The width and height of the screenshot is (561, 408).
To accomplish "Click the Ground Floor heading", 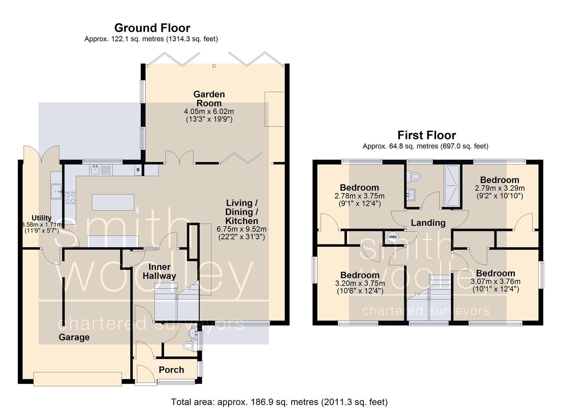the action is click(x=152, y=28).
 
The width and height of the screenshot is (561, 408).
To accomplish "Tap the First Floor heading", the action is click(x=427, y=135).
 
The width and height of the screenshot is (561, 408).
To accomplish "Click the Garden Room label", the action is click(x=209, y=99).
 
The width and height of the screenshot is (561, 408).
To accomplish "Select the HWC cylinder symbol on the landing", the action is click(x=393, y=237).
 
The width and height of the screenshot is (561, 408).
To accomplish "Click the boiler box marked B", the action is click(x=138, y=170).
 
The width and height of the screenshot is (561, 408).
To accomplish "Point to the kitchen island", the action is click(x=113, y=202).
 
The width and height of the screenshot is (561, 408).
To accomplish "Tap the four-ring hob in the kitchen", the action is click(x=70, y=198).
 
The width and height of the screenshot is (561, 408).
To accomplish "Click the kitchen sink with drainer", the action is click(x=101, y=170).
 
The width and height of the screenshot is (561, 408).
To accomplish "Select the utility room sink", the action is click(x=57, y=192).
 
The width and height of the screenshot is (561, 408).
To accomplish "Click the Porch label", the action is click(x=171, y=370).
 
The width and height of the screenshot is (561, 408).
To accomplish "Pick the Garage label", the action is click(x=74, y=337).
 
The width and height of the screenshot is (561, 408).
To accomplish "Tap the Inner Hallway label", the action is click(x=159, y=272).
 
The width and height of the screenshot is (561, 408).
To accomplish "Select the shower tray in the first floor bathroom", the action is click(x=452, y=185).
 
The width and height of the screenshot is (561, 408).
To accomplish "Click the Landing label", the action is click(x=428, y=223).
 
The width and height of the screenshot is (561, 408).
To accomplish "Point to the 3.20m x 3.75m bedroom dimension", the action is click(x=360, y=283).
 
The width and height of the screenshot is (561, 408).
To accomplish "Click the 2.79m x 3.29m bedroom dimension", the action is click(x=500, y=188).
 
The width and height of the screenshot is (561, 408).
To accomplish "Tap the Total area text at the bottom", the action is click(x=279, y=402).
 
